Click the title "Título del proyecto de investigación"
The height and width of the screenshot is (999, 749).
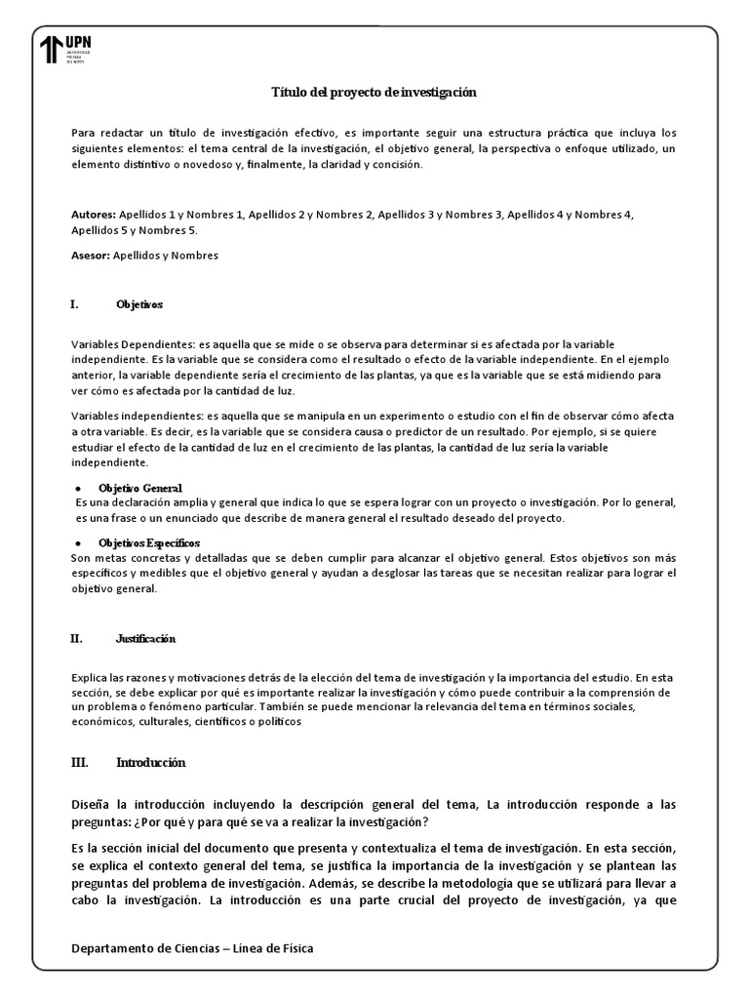pos(374,92)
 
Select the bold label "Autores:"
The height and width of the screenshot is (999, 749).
pos(93,214)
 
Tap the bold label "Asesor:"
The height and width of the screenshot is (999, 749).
pos(92,256)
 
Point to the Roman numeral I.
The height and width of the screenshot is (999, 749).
pos(74,304)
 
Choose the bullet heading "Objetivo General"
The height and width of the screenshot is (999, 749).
pos(140,487)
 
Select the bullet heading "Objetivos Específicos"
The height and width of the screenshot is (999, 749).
pos(149,541)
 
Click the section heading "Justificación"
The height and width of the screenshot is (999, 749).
pos(145,639)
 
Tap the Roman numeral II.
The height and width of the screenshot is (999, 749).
pos(76,639)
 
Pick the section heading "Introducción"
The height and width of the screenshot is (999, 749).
pos(150,762)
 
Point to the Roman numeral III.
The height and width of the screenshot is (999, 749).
pos(79,762)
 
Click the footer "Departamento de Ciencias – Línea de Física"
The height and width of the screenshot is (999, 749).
pos(193,948)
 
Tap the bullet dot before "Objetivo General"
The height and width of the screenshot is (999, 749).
pos(77,487)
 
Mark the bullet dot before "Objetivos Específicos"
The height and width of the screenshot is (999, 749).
pos(77,541)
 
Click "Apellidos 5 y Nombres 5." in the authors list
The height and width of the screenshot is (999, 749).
pos(135,230)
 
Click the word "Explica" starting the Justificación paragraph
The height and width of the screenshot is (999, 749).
pos(90,676)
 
